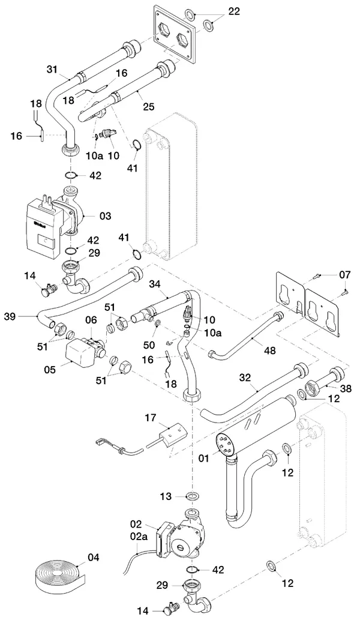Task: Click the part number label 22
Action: coord(234,11)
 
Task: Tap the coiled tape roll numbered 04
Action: coord(59,575)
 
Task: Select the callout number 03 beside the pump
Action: coord(105,215)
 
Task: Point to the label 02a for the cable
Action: coord(138,536)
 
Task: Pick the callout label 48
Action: coord(270,350)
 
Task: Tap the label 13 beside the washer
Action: coord(166,496)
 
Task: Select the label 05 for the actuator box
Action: coord(50,370)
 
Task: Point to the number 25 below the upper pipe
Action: coord(149,106)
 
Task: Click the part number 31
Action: coord(52,69)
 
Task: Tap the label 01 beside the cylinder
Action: coord(203,458)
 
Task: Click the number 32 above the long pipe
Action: coord(245,378)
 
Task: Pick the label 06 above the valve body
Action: coord(91,321)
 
